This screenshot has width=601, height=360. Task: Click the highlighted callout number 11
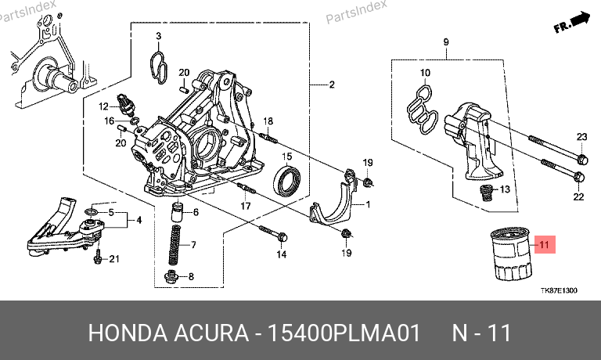tap(545, 245)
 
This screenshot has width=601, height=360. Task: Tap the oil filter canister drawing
tap(509, 254)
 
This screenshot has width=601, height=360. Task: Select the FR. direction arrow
tap(571, 22)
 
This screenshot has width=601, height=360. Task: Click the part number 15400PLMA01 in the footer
tap(344, 333)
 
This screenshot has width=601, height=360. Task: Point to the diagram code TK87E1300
tap(559, 290)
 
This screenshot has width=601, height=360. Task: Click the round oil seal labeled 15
tap(286, 179)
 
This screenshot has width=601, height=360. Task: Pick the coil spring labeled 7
tap(175, 244)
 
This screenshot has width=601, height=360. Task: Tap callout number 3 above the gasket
tap(158, 36)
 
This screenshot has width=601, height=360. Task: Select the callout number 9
tap(446, 41)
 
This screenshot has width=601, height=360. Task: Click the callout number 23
tap(582, 137)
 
